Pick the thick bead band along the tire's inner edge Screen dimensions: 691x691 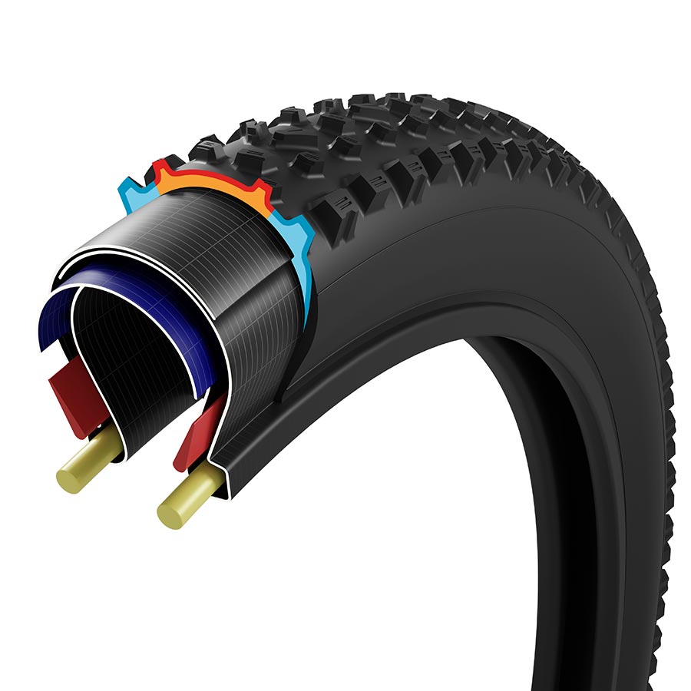point(430,338)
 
